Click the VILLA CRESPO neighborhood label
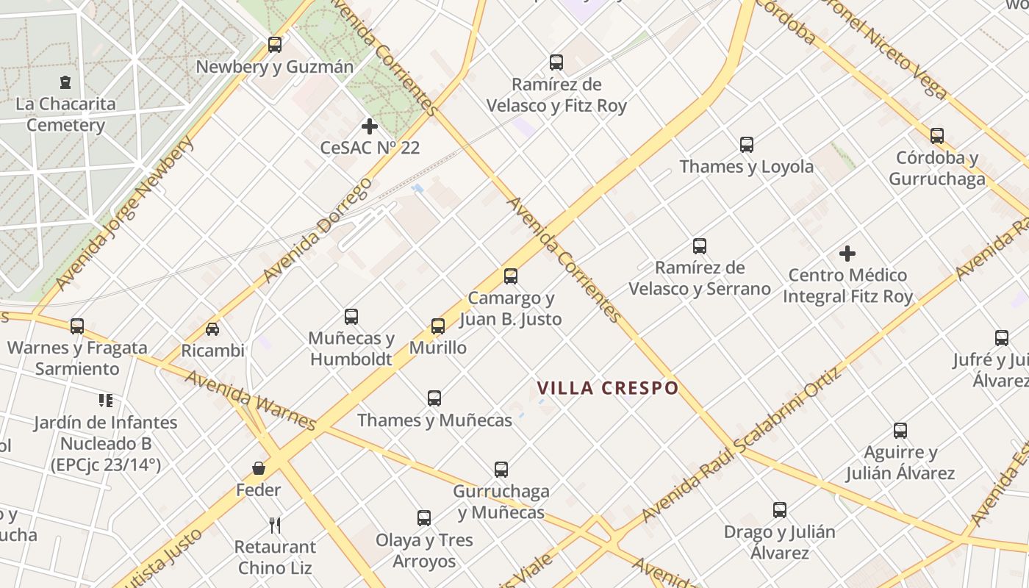(x=607, y=388)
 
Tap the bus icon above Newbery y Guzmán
(x=275, y=45)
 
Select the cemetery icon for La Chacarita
(x=66, y=82)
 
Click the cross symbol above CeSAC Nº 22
(x=370, y=126)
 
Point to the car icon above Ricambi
(x=212, y=329)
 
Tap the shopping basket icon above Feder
(x=259, y=468)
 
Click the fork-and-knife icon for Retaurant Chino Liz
(x=275, y=525)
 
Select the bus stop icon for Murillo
(x=438, y=326)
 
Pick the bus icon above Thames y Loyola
(x=747, y=144)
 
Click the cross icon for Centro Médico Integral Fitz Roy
(x=847, y=254)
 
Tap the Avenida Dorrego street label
(x=318, y=230)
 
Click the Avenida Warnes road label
(x=250, y=401)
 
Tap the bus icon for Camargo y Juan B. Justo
(x=511, y=276)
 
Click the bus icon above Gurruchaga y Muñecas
(x=501, y=469)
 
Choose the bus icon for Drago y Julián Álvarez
(x=780, y=509)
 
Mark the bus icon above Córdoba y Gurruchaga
(x=937, y=136)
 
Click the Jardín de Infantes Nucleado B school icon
(x=106, y=401)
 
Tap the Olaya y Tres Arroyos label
(x=424, y=551)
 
